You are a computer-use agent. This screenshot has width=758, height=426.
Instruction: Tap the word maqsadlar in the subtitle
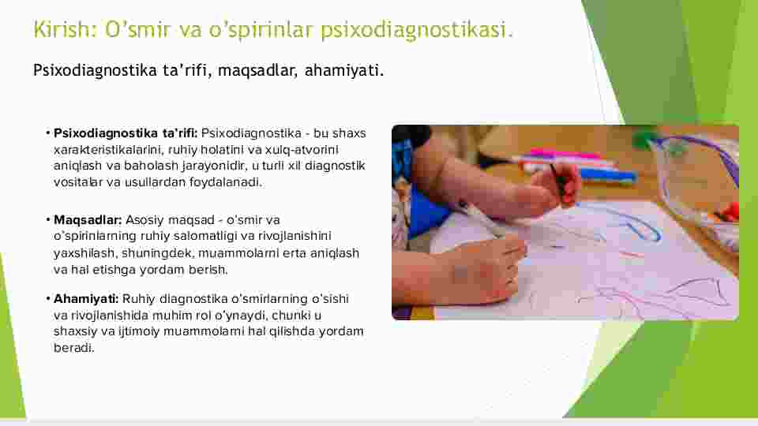point(256,71)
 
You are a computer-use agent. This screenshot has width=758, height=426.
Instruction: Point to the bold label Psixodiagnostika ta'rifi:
point(126,133)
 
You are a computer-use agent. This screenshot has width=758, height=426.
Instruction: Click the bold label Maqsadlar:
point(88,220)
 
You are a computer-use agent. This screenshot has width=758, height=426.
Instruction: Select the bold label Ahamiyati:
point(85,299)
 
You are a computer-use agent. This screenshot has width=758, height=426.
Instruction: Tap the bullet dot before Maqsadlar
point(48,220)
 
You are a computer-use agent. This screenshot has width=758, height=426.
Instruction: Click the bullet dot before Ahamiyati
point(48,299)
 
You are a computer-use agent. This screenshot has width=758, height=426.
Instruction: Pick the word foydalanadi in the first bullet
point(224,182)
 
